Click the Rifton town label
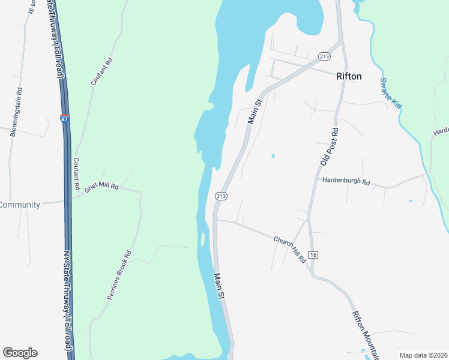coord(349,76)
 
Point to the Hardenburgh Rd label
coord(346,181)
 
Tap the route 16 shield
coord(313,255)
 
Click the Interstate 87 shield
coord(64,119)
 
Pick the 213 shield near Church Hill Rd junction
coord(220,196)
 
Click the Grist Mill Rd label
coord(102,187)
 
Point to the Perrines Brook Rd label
coord(119,275)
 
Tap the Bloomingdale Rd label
coord(16,113)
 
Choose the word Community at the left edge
coord(20,205)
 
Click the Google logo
coord(20,353)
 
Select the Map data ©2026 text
coord(423,355)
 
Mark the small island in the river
coord(203,239)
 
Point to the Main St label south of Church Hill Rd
coord(220,286)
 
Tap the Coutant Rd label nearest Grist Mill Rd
coord(76,174)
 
